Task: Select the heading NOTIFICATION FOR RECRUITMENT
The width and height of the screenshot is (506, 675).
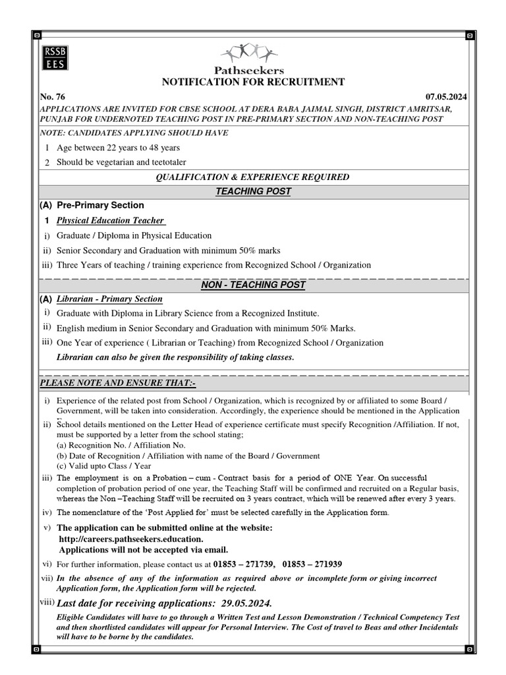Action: coord(254,82)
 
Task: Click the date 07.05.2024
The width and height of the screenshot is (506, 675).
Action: coord(447,96)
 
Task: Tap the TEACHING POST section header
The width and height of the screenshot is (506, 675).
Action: coord(254,191)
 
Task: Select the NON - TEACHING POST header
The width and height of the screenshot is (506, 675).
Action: coord(254,285)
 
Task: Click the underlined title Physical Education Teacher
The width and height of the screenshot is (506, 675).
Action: coord(111,220)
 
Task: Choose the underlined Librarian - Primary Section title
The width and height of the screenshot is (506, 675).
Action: coord(109,299)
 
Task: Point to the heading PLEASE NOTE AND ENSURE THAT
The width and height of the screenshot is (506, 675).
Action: coord(119,383)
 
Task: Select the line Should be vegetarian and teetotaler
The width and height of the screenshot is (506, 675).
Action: coord(121,161)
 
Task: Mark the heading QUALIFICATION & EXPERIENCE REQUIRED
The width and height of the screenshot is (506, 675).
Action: coord(252,177)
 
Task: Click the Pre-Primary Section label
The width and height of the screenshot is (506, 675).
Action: coord(100,205)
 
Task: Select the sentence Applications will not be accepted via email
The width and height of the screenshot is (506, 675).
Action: coord(144,549)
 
